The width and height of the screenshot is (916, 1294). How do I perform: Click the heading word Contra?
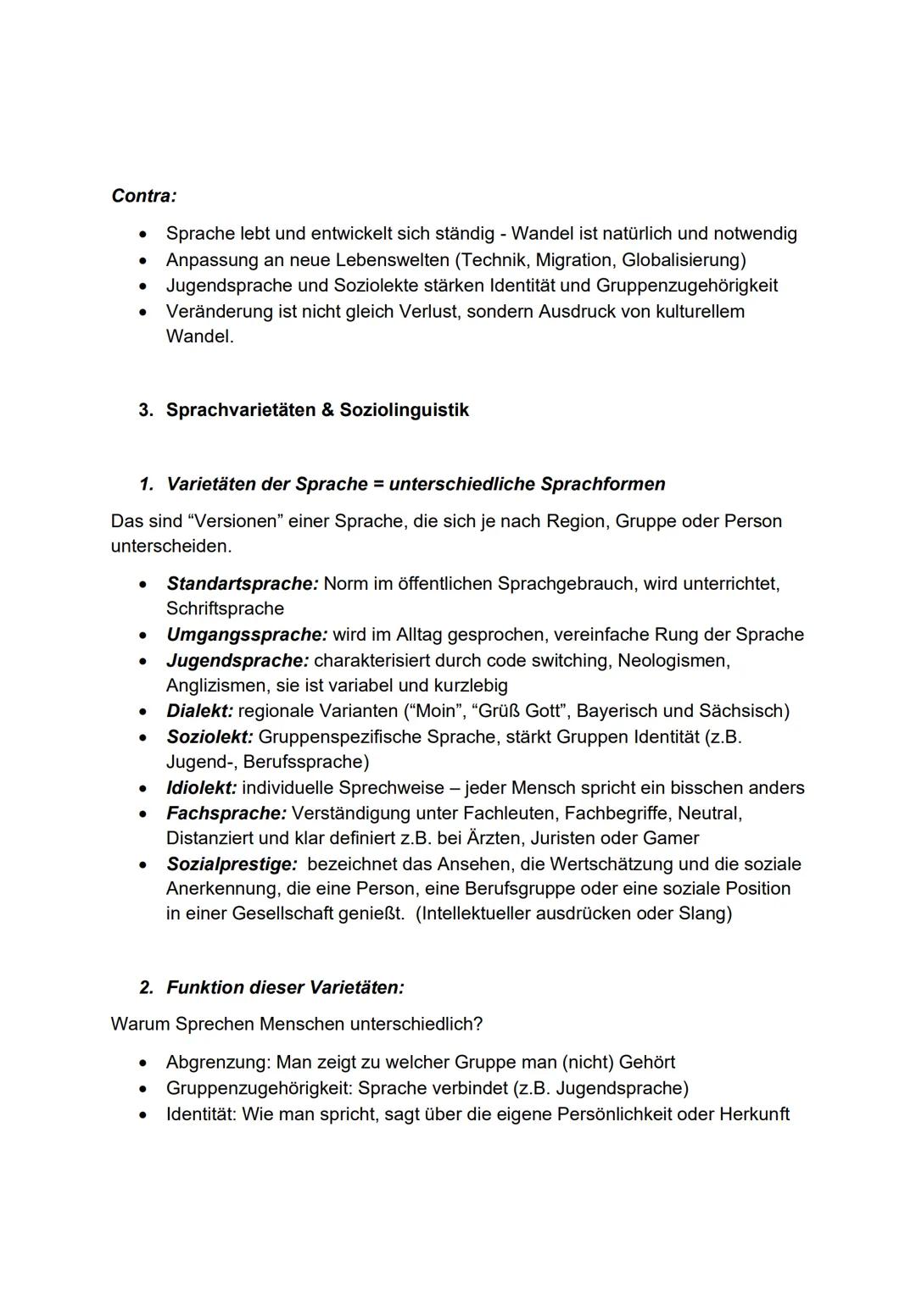coord(144,196)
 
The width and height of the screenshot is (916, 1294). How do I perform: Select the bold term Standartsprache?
coord(242,583)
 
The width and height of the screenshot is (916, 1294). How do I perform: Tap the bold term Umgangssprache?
coord(246,634)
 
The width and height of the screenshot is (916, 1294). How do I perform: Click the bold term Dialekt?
coord(199,710)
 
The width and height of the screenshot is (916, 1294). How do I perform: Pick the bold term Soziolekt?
coord(209,736)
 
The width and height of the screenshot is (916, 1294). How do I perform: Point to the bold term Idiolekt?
coord(201,787)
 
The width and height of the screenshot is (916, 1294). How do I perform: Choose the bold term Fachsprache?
coord(226,813)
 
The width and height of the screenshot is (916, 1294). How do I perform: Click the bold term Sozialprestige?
coord(232,864)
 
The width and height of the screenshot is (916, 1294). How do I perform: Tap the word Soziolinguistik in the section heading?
coord(404,410)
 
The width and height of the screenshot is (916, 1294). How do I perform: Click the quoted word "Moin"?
coord(433,710)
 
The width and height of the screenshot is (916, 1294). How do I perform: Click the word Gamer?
coord(670,838)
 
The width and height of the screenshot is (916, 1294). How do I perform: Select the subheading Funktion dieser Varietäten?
coord(285,987)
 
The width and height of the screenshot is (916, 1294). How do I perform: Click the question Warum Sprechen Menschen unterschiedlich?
coord(296,1024)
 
